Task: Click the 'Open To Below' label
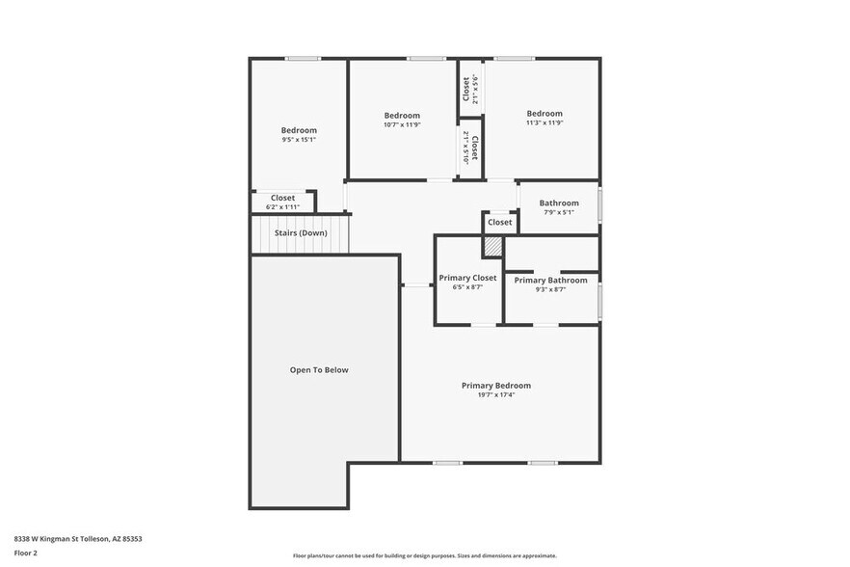pyautogui.click(x=319, y=370)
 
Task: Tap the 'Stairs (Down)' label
pyautogui.click(x=300, y=233)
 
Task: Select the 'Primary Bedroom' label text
pyautogui.click(x=495, y=386)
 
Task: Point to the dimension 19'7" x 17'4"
pyautogui.click(x=495, y=395)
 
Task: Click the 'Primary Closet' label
pyautogui.click(x=467, y=278)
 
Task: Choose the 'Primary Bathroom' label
pyautogui.click(x=550, y=281)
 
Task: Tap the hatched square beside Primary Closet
pyautogui.click(x=492, y=248)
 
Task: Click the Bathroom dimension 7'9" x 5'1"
pyautogui.click(x=559, y=212)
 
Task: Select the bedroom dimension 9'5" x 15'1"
pyautogui.click(x=299, y=140)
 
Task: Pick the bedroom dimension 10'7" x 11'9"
pyautogui.click(x=402, y=124)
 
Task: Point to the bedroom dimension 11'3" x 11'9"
pyautogui.click(x=545, y=122)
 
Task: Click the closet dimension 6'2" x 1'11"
pyautogui.click(x=282, y=207)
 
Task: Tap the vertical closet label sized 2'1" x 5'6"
pyautogui.click(x=470, y=89)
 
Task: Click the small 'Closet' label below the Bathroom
pyautogui.click(x=500, y=223)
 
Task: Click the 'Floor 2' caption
pyautogui.click(x=25, y=553)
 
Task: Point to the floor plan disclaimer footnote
pyautogui.click(x=425, y=555)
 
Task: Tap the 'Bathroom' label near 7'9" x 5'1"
pyautogui.click(x=559, y=202)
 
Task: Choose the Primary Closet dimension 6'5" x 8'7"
pyautogui.click(x=467, y=287)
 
